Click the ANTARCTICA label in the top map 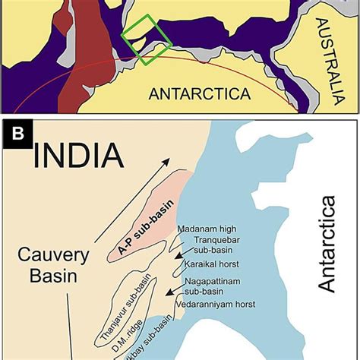pos(200,93)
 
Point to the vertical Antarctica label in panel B pos(327,243)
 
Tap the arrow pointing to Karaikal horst pos(178,259)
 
